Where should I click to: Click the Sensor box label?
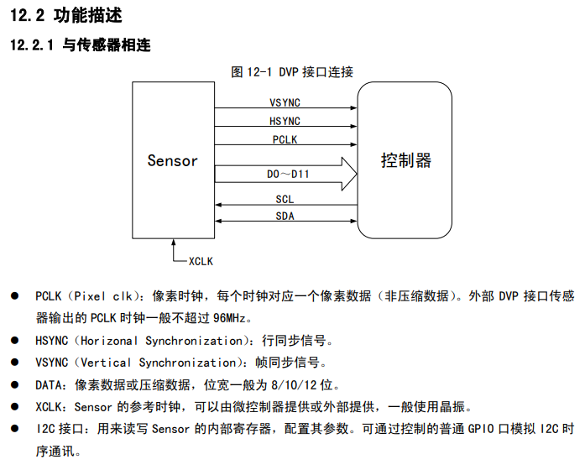pos(172,160)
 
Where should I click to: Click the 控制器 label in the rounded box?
pos(405,160)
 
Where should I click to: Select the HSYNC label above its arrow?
pos(285,121)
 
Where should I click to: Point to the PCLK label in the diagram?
pos(285,140)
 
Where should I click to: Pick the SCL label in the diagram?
pos(285,199)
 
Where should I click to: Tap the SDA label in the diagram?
pos(285,217)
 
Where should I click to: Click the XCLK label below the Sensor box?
pos(201,261)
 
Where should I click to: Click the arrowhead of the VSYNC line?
pos(353,108)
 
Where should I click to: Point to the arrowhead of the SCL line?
pos(219,206)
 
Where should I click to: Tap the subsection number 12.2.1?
pos(33,45)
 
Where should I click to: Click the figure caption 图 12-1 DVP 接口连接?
pos(292,71)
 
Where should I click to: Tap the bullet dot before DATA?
pos(14,384)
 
